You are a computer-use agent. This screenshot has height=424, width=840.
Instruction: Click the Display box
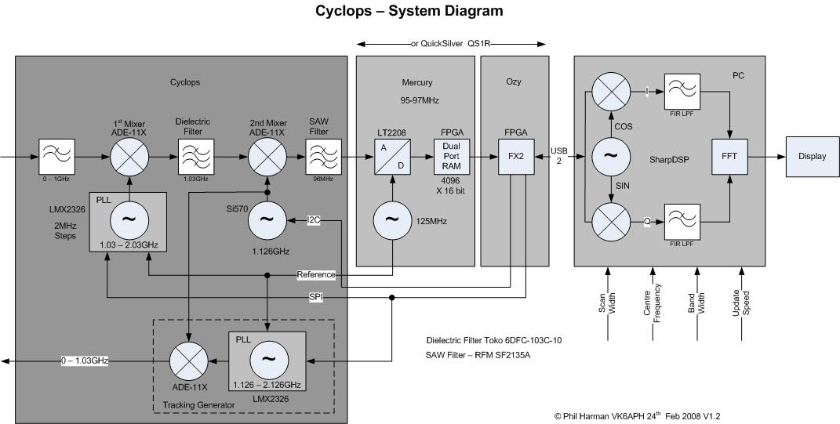813,156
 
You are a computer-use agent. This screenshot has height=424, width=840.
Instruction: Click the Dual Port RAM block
450,156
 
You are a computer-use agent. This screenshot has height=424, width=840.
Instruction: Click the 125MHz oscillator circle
390,222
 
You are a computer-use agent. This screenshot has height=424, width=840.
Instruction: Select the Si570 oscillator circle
268,222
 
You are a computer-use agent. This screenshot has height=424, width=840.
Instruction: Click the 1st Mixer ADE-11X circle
129,156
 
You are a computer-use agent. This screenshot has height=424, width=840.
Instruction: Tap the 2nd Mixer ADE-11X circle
268,156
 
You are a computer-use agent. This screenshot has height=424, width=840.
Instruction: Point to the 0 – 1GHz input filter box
56,156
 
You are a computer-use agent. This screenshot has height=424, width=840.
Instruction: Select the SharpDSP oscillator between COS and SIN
609,156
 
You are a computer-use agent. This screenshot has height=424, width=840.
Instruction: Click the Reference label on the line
316,275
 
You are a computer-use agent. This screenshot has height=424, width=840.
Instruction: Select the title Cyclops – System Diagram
409,11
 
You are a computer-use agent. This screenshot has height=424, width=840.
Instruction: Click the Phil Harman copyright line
636,416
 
